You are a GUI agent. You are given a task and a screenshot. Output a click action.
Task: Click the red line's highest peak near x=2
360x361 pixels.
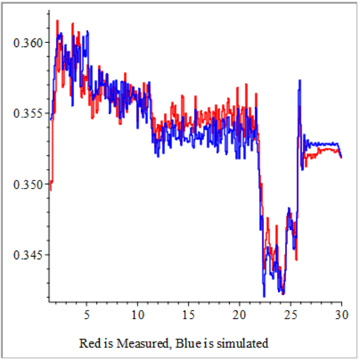57,21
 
